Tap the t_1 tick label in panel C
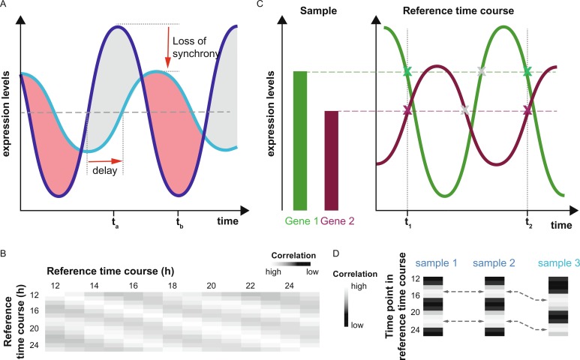(407, 222)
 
